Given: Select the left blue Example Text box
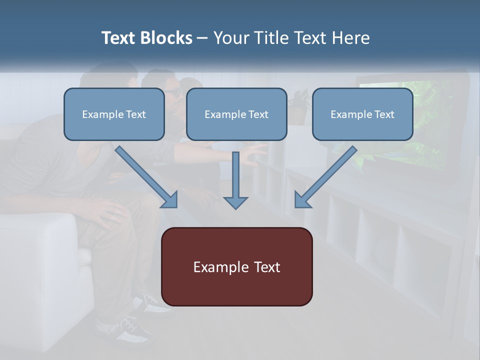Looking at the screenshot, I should click(x=114, y=114).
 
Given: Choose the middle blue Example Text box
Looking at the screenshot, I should click(x=236, y=114).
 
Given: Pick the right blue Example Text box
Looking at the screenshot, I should click(x=362, y=114).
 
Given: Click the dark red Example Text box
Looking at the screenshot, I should click(x=236, y=266).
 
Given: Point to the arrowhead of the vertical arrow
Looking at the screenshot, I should click(x=235, y=202).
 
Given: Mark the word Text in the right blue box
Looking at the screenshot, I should click(x=384, y=114).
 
